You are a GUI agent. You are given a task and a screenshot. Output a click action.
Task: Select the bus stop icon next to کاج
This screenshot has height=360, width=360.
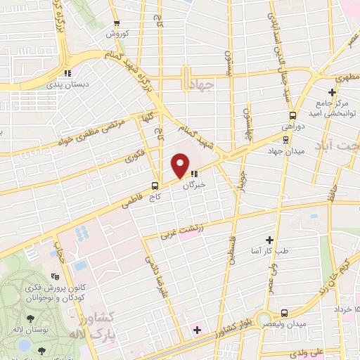pyautogui.click(x=155, y=186)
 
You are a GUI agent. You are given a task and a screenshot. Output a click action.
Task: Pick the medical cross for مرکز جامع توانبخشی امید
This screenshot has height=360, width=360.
pyautogui.click(x=332, y=92)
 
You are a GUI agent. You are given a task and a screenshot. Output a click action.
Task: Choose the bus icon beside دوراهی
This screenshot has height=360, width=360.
pyautogui.click(x=291, y=117)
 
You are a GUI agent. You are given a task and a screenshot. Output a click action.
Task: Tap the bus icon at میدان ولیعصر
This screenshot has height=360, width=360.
pyautogui.click(x=284, y=313)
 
